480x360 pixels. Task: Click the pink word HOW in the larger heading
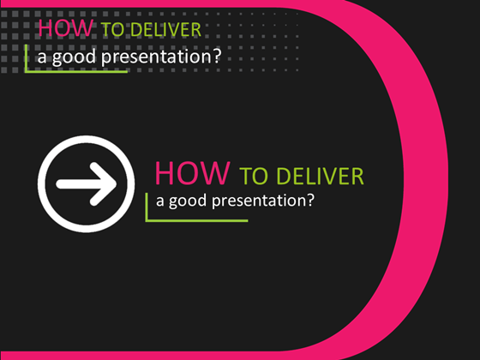[192, 172]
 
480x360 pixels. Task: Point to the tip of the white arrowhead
[114, 183]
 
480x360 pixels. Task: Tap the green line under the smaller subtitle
[77, 71]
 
